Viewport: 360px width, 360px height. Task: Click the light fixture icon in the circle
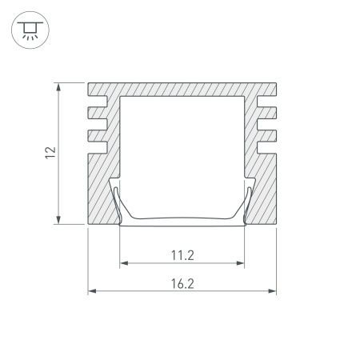[x=29, y=30]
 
